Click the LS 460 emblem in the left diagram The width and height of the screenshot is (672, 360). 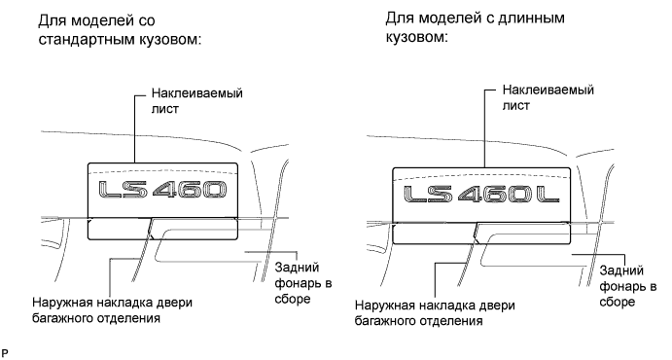click(x=162, y=190)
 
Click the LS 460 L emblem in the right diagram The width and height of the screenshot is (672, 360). click(x=481, y=195)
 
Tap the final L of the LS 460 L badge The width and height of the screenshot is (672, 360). click(x=548, y=195)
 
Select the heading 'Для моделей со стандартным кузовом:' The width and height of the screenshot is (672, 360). click(x=120, y=30)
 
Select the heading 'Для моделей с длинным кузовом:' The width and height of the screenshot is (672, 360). click(x=475, y=27)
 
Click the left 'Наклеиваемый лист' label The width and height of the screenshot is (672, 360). click(x=197, y=101)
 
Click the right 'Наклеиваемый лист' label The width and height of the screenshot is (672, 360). click(x=548, y=97)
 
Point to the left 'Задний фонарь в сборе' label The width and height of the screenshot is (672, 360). click(x=303, y=283)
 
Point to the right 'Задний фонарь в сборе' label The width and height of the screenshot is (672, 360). click(x=628, y=286)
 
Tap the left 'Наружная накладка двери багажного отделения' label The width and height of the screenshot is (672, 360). click(x=112, y=310)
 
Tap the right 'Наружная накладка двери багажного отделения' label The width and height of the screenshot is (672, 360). click(x=435, y=313)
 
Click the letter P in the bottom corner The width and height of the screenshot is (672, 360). click(x=5, y=354)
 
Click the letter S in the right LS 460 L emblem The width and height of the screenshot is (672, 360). click(x=439, y=195)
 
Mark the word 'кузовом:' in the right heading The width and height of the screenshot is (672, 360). click(x=416, y=37)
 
